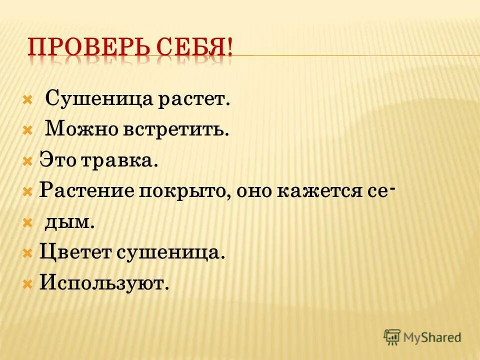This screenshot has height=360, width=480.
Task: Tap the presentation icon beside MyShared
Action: click(392, 337)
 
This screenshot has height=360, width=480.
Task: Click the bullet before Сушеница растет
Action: click(28, 98)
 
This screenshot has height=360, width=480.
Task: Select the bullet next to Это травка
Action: click(28, 160)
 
